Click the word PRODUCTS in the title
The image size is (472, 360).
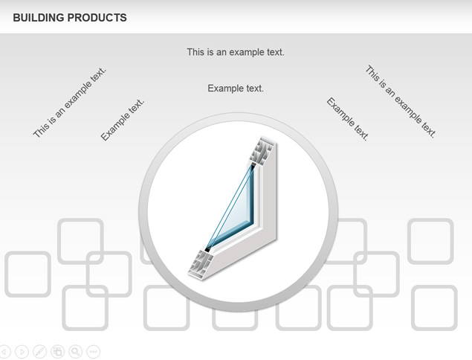click(97, 17)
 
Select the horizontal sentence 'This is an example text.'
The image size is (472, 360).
click(236, 52)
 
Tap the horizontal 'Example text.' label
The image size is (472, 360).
click(236, 89)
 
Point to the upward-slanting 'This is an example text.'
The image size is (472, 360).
click(70, 103)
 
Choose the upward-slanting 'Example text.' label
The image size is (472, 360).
click(122, 120)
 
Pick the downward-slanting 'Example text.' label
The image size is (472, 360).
click(348, 119)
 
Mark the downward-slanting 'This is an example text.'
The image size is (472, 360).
click(401, 101)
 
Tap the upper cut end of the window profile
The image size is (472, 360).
click(262, 151)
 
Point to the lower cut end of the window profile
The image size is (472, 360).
click(200, 263)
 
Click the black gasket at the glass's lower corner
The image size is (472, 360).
click(207, 249)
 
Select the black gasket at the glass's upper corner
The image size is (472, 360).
click(253, 167)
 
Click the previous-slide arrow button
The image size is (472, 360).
click(4, 352)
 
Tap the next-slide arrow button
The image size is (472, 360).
click(22, 352)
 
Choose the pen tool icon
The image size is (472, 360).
click(39, 352)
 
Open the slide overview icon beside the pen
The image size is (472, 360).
click(57, 352)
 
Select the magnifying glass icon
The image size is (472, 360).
click(76, 352)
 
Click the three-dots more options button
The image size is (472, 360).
click(94, 352)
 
